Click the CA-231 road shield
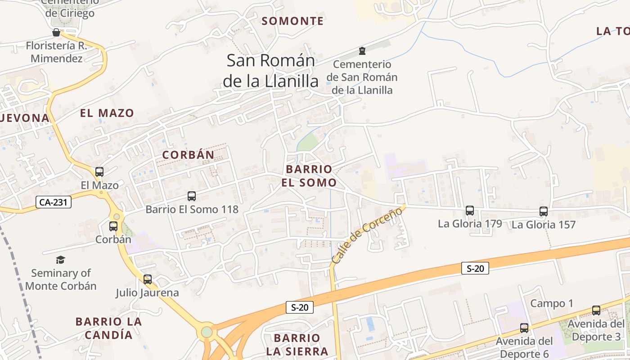53,202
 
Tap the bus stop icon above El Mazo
99,172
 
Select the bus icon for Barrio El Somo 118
192,196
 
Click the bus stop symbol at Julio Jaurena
148,279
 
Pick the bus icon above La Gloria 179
470,210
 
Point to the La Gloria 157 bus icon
544,211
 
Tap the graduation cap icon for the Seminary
60,260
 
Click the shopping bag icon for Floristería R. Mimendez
56,32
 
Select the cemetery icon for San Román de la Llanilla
362,50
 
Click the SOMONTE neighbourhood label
292,21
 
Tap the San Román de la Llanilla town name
270,71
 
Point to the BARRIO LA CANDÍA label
108,328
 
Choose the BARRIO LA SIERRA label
297,345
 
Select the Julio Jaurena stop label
147,293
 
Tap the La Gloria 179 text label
470,224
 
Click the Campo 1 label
552,303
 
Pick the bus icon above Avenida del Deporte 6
524,328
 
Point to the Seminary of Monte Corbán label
61,279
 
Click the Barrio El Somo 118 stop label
192,210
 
